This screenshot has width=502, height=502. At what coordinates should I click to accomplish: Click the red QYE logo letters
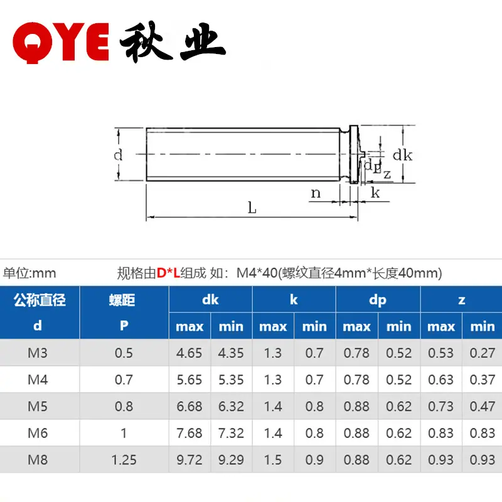[61, 43]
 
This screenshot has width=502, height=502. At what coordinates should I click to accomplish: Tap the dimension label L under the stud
[252, 208]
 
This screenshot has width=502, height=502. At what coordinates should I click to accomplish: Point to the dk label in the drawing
[402, 155]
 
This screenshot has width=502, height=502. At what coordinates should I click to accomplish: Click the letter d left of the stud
[118, 155]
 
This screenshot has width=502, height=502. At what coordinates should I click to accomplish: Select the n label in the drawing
[316, 193]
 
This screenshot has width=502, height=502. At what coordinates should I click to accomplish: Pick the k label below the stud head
[375, 193]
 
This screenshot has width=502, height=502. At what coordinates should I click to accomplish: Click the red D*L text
[168, 273]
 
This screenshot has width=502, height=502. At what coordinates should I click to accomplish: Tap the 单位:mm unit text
[29, 273]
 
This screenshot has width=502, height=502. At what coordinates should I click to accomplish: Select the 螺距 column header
[122, 300]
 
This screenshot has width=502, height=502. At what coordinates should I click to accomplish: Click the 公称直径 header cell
[40, 300]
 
